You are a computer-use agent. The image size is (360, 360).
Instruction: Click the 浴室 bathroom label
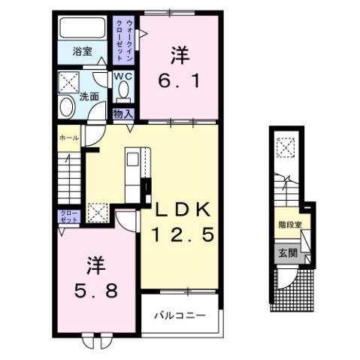pos(83,51)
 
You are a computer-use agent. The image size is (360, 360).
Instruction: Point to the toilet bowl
pos(124,92)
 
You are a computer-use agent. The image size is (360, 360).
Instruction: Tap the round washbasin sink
pos(66,107)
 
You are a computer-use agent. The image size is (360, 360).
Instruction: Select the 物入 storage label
pos(123,113)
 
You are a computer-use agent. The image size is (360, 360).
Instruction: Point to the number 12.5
pos(184,236)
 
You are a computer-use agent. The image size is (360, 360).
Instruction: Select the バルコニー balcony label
pos(180,313)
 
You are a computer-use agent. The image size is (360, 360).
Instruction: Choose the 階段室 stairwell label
pos(289,223)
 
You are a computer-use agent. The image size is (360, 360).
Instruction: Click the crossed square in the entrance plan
pos(286,147)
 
